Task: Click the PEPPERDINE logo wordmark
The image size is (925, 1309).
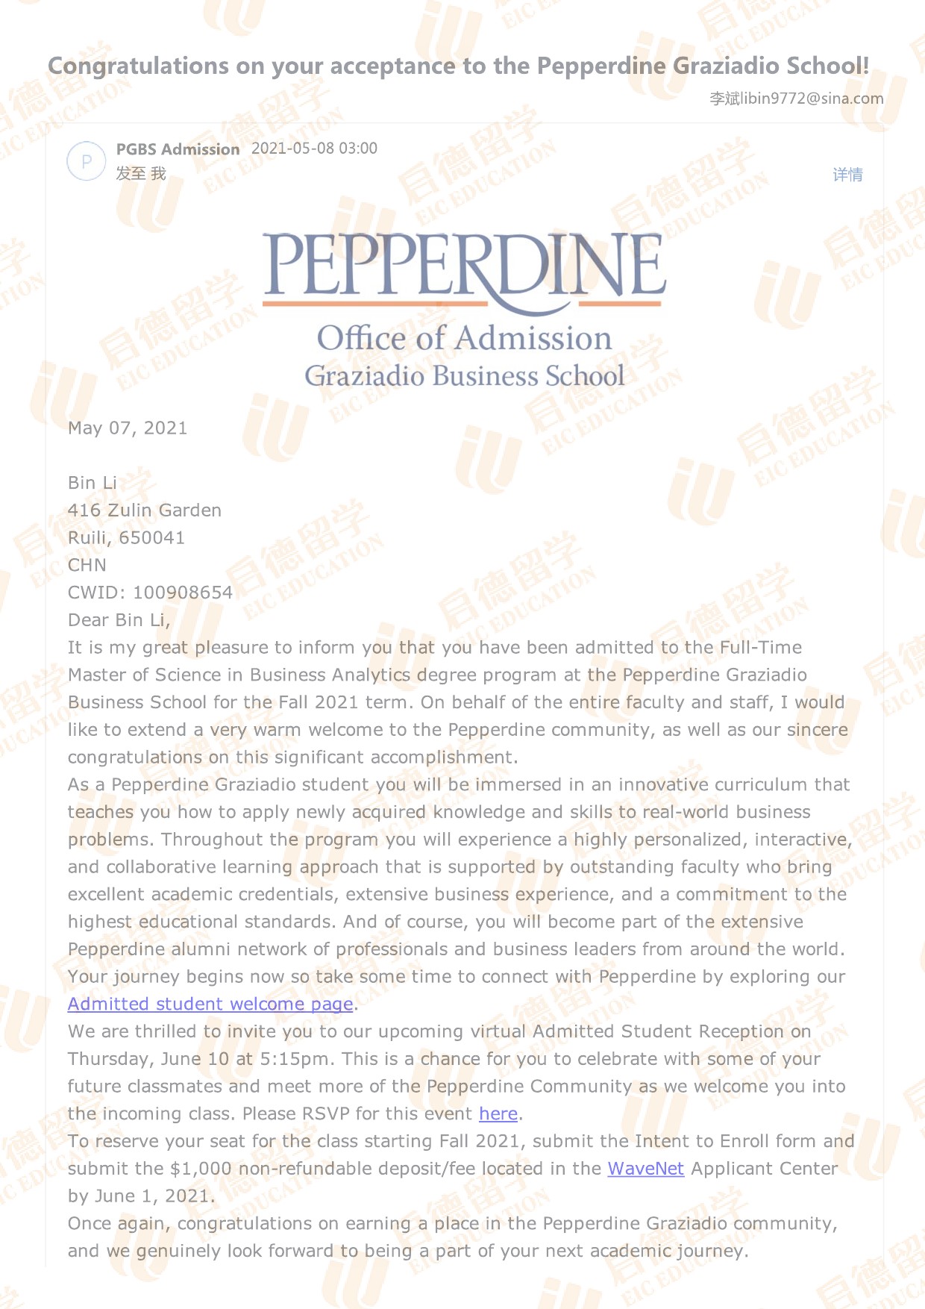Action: tap(464, 266)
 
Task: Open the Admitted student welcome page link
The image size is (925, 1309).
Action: tap(210, 1004)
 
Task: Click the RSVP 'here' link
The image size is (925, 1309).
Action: tap(498, 1113)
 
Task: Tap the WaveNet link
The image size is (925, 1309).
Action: tap(645, 1168)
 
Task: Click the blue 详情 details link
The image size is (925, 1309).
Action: tap(847, 175)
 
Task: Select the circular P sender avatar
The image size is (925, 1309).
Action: tap(87, 161)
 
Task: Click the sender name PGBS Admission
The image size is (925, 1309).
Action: tap(178, 149)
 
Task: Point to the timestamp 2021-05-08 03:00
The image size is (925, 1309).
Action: tap(314, 149)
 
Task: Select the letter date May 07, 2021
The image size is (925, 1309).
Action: tap(128, 428)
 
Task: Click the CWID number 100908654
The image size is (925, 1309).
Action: tap(183, 593)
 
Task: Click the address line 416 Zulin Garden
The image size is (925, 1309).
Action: tap(145, 510)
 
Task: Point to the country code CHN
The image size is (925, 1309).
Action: tap(87, 565)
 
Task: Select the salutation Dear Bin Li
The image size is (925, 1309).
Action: tap(119, 620)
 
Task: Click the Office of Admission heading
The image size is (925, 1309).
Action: tap(464, 338)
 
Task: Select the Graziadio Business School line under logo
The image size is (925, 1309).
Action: tap(464, 375)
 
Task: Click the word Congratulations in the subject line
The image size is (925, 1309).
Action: tap(138, 66)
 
